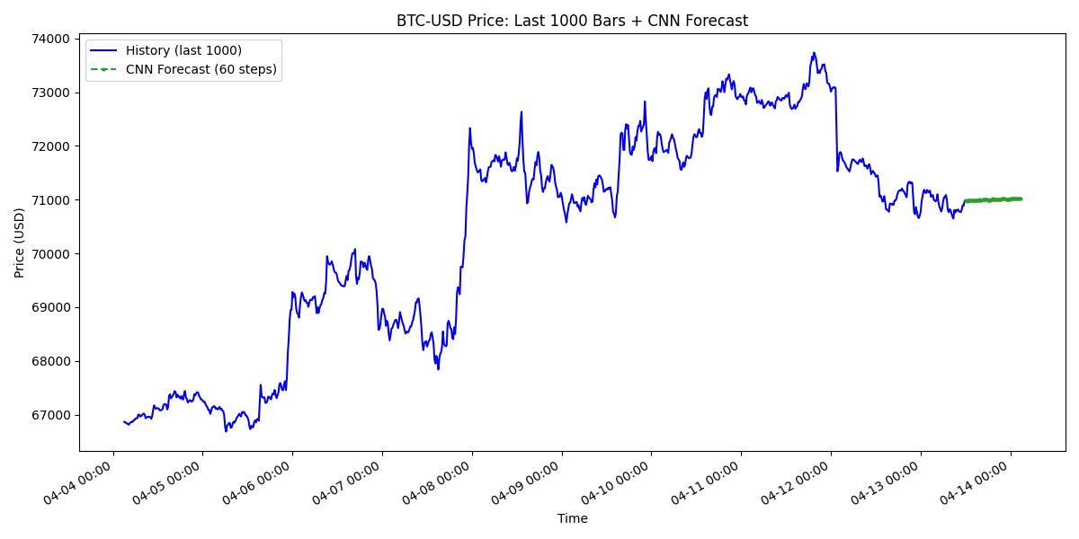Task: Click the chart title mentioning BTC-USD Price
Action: pyautogui.click(x=572, y=21)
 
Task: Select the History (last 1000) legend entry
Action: pyautogui.click(x=183, y=50)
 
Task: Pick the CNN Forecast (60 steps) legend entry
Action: pyautogui.click(x=201, y=69)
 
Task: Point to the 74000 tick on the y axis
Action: pyautogui.click(x=51, y=39)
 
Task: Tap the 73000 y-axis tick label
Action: pyautogui.click(x=51, y=93)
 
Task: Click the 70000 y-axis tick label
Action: pyautogui.click(x=51, y=253)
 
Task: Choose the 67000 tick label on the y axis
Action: pyautogui.click(x=51, y=415)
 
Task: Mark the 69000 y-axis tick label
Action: pyautogui.click(x=51, y=307)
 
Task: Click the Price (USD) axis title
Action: pyautogui.click(x=19, y=243)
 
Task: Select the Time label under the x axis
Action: pyautogui.click(x=572, y=518)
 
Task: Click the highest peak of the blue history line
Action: pyautogui.click(x=814, y=53)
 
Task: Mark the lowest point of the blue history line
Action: pyautogui.click(x=226, y=431)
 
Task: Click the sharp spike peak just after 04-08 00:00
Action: pyautogui.click(x=469, y=128)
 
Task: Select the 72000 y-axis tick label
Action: pyautogui.click(x=51, y=146)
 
